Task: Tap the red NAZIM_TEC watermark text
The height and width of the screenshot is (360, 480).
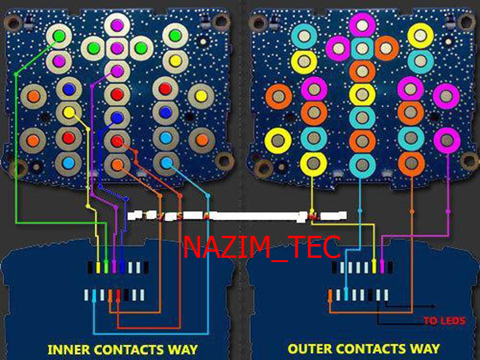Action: (x=262, y=247)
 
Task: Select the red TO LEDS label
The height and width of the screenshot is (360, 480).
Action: (x=444, y=321)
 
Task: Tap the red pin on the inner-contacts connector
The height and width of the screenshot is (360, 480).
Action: (x=118, y=295)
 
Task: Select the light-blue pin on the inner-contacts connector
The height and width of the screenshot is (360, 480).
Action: (x=94, y=295)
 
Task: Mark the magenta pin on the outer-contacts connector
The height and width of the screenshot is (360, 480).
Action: (x=382, y=267)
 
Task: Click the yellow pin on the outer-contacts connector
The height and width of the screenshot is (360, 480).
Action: (x=374, y=267)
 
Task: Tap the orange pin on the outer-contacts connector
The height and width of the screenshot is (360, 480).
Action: (x=330, y=295)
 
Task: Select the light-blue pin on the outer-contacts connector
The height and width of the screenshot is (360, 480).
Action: (x=346, y=295)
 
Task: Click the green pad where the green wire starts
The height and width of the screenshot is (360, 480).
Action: (x=59, y=36)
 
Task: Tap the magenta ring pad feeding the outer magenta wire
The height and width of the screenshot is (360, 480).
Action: (x=447, y=139)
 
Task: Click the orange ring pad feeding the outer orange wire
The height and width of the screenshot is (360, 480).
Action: (x=411, y=163)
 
